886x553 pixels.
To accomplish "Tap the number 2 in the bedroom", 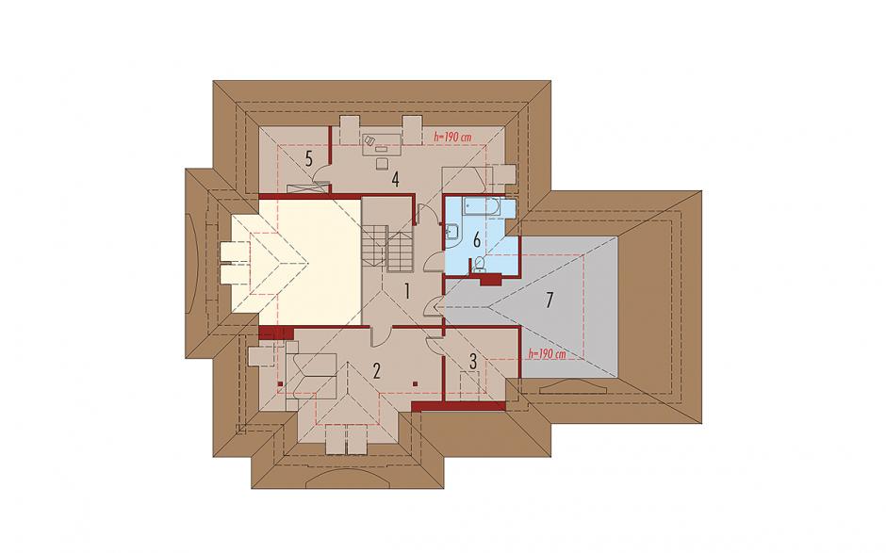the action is click(376, 370).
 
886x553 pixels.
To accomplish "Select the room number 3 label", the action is click(473, 361).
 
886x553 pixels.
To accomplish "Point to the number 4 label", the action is click(395, 180).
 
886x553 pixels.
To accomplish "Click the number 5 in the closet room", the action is click(309, 158).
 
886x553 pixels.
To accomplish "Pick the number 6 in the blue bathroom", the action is click(476, 241).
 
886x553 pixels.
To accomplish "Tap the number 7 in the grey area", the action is click(549, 300).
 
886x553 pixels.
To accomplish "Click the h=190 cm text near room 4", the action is click(452, 137).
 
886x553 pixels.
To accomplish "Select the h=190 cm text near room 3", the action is click(547, 354).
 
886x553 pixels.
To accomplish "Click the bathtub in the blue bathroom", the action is click(481, 206).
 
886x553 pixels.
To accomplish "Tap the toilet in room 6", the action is click(479, 264).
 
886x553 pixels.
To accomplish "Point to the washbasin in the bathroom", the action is click(453, 232).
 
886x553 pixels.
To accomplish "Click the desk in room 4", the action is click(382, 143).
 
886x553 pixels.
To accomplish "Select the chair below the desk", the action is click(382, 163).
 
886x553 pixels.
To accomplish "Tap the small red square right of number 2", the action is click(416, 383).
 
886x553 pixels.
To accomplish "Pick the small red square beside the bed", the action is click(281, 383).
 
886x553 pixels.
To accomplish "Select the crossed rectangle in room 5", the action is click(307, 188).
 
